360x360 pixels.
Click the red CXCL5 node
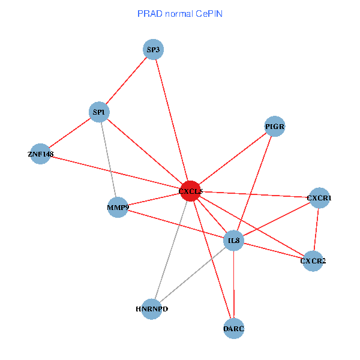coord(190,191)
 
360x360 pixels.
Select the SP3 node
coord(154,50)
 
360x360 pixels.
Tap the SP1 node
coord(99,112)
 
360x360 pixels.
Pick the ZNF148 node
coord(40,154)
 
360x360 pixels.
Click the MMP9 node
coord(118,208)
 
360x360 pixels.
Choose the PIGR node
coord(274,127)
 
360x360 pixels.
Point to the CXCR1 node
coord(319,197)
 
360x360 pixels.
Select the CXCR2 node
coord(313,260)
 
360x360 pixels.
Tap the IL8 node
coord(233,241)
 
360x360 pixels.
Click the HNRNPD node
coord(152,309)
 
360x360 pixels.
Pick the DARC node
coord(233,329)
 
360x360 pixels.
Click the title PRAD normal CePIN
coord(179,13)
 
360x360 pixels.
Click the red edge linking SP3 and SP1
coord(127,80)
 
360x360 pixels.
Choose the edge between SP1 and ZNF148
coord(70,133)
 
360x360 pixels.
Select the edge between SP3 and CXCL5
coord(172,119)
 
